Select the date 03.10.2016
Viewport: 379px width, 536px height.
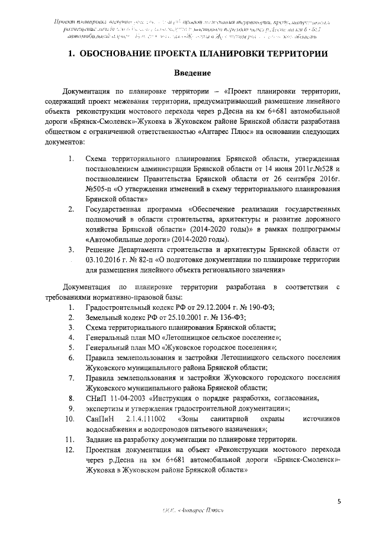[x=104, y=259]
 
